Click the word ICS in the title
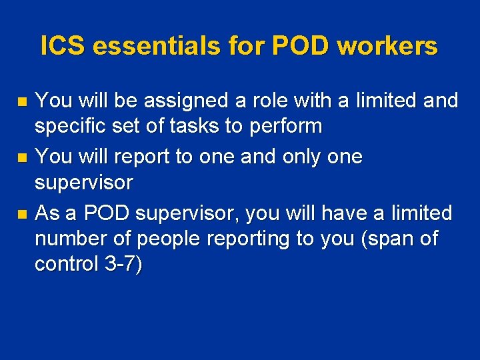[63, 46]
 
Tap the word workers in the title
[387, 46]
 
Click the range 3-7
[123, 264]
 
